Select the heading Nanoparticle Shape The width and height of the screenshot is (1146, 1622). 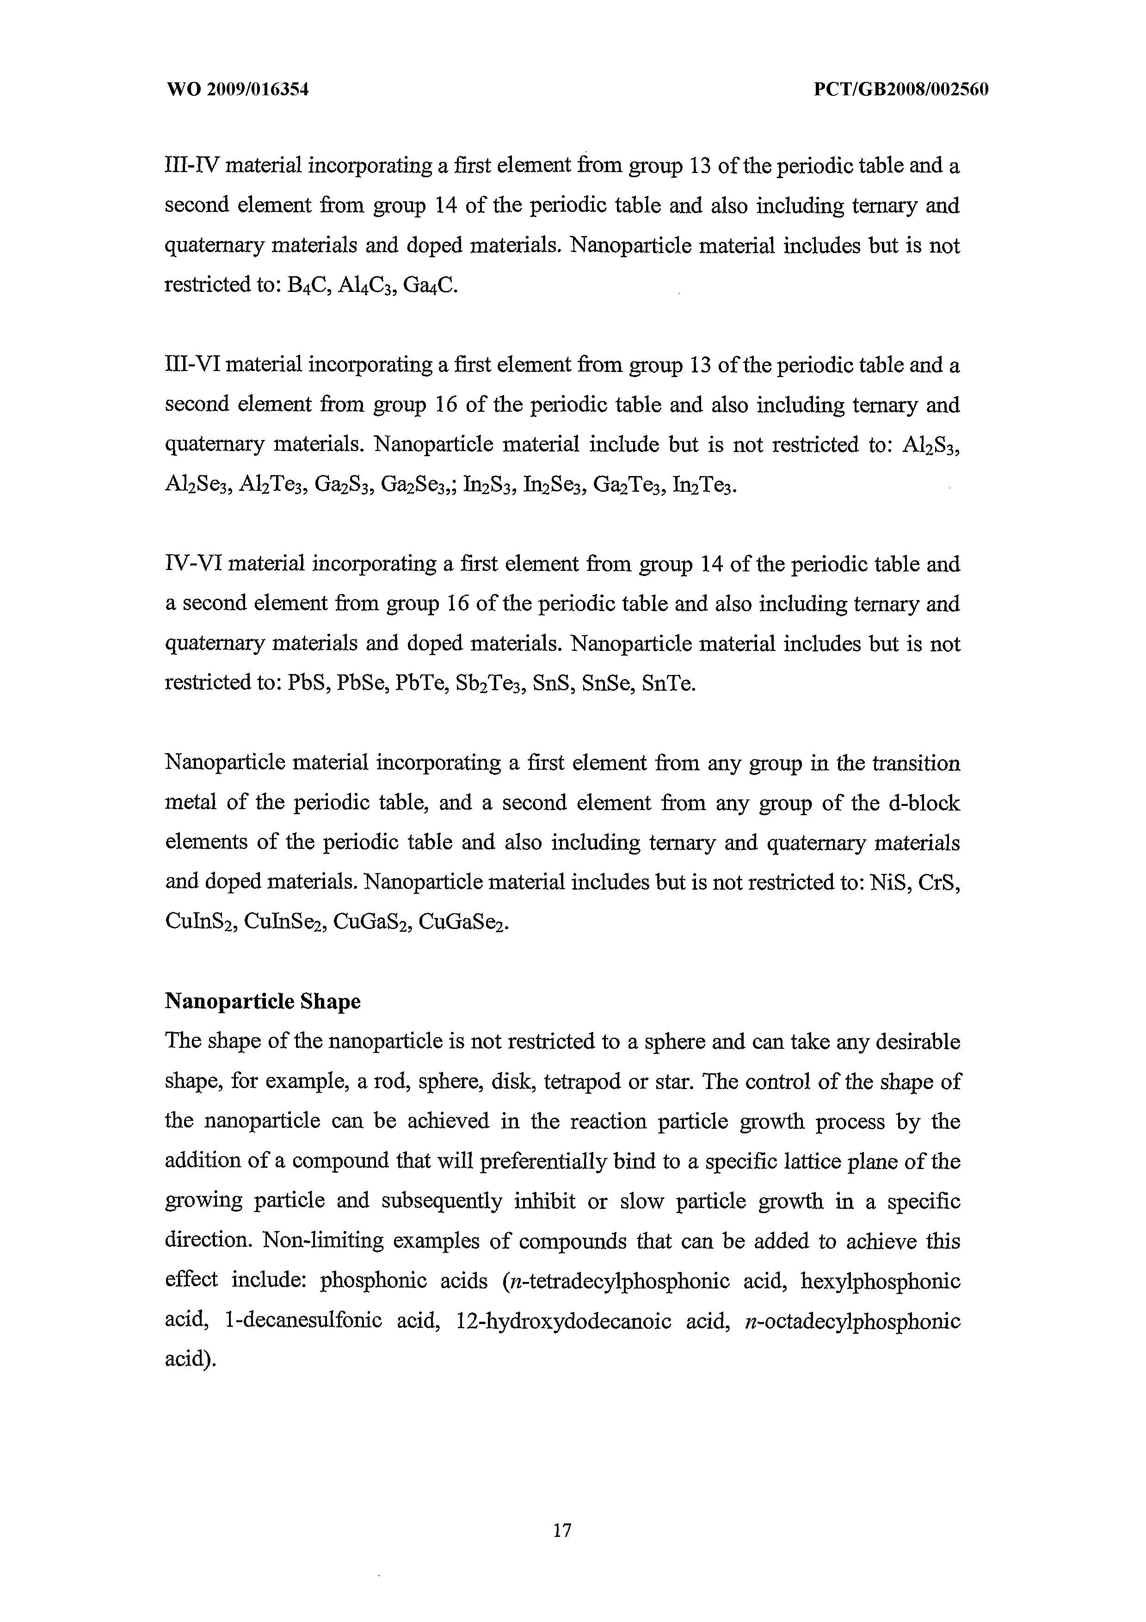tap(263, 1001)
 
